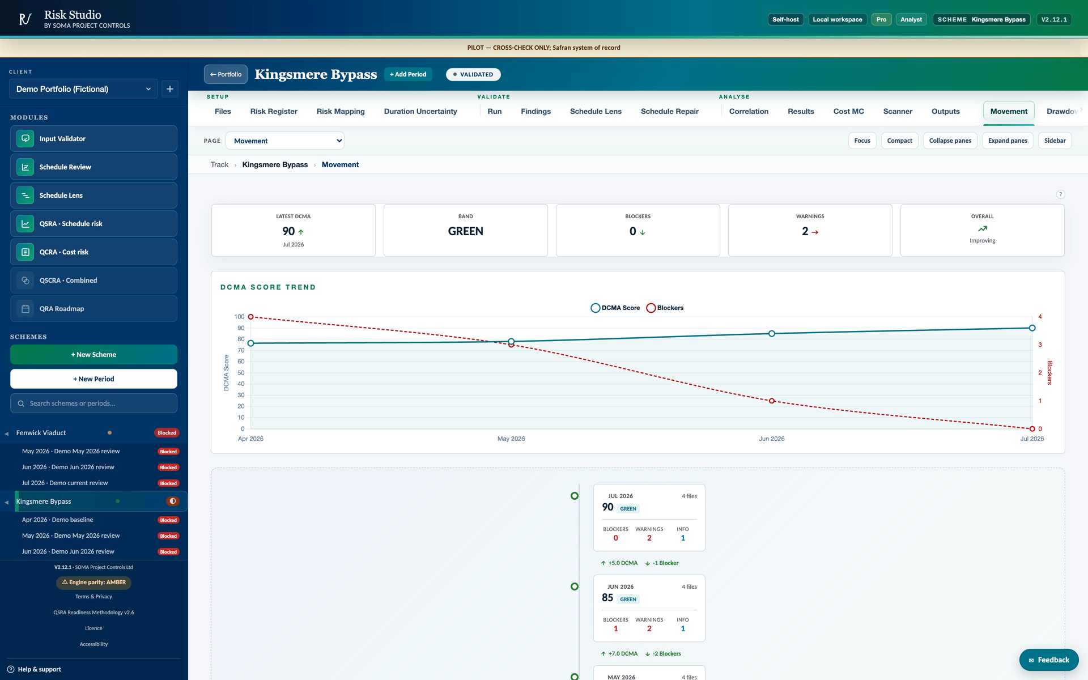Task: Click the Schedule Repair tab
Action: (x=669, y=111)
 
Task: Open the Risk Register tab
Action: (x=274, y=111)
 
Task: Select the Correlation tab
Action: (x=749, y=111)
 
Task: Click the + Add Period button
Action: (x=408, y=74)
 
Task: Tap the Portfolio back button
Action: (x=226, y=74)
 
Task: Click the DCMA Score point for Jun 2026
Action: (x=772, y=334)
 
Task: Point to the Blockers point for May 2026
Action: (x=511, y=345)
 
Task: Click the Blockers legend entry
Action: (x=665, y=308)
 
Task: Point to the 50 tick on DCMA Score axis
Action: (x=241, y=373)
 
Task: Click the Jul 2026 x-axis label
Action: (x=1032, y=439)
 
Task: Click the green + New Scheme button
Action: (x=93, y=355)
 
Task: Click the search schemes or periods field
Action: (x=93, y=403)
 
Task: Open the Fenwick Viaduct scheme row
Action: (x=41, y=433)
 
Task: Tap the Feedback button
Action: (x=1049, y=660)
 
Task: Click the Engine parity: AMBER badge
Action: (x=93, y=583)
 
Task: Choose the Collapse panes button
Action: (x=950, y=141)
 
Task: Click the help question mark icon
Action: (x=1061, y=194)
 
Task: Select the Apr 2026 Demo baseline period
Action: (x=57, y=520)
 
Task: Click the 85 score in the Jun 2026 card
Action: (x=607, y=598)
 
